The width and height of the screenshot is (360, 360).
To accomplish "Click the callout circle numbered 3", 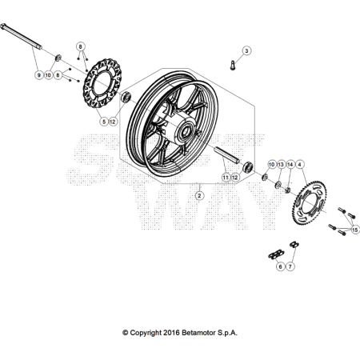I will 246,50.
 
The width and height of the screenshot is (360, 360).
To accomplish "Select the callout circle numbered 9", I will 37,74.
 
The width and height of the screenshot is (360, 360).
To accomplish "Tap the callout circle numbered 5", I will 102,122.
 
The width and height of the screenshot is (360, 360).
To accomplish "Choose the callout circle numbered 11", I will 226,177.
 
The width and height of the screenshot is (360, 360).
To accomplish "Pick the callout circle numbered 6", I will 280,266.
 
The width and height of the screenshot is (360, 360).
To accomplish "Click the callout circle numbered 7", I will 290,266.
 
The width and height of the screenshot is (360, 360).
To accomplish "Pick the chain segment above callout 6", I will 276,254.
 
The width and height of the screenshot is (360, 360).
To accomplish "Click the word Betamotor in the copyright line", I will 198,332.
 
